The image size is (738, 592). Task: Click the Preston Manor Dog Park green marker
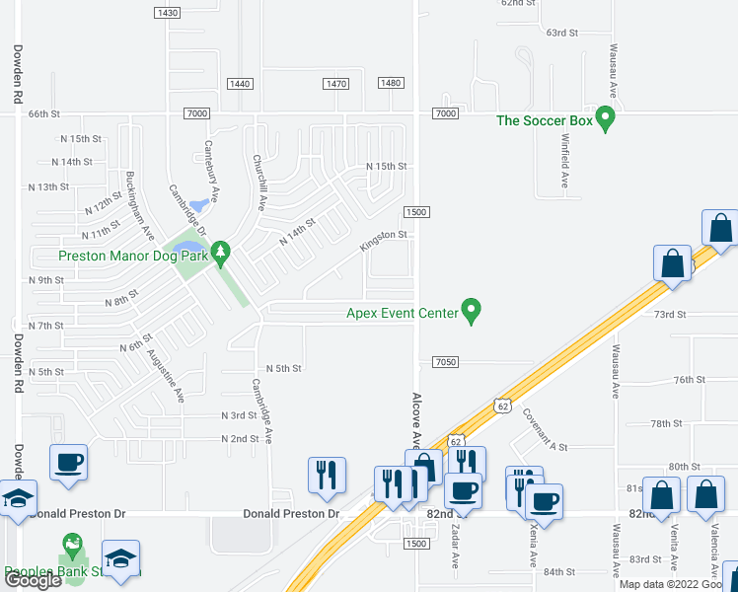pyautogui.click(x=221, y=253)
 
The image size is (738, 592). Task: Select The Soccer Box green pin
pyautogui.click(x=607, y=119)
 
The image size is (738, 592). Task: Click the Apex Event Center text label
pyautogui.click(x=402, y=314)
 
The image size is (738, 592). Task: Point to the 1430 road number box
pyautogui.click(x=168, y=13)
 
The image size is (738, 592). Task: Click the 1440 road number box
pyautogui.click(x=240, y=84)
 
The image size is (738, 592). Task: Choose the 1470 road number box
pyautogui.click(x=335, y=84)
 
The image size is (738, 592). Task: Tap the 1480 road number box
pyautogui.click(x=391, y=83)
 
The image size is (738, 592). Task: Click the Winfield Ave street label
pyautogui.click(x=565, y=162)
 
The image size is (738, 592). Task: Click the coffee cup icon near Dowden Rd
pyautogui.click(x=69, y=462)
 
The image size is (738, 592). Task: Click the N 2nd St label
pyautogui.click(x=240, y=438)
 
